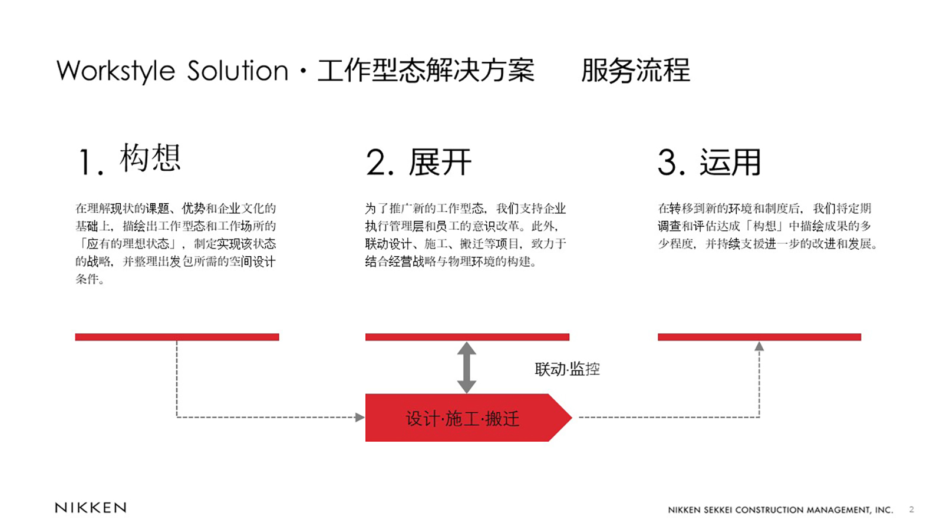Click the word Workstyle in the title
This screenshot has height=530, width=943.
coord(116,71)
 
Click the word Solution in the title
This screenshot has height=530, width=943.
coord(238,70)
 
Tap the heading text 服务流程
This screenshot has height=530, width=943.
coord(636,70)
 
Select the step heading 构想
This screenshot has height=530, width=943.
coord(150,157)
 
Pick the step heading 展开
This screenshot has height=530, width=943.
coord(440,162)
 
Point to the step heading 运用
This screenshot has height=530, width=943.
coord(730,162)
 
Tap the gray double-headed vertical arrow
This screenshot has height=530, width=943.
coord(467,367)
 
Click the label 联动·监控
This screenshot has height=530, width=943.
coord(567,369)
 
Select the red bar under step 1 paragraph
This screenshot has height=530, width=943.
coord(177,337)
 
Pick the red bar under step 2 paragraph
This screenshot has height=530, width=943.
coord(467,337)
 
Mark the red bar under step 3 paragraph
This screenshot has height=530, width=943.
coord(760,337)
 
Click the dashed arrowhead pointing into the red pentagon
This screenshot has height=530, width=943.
coord(360,418)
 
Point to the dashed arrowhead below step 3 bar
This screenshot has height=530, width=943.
coord(759,346)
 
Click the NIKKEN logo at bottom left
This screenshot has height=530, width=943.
coord(91,508)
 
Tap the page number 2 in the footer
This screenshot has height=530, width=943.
coord(911,509)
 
